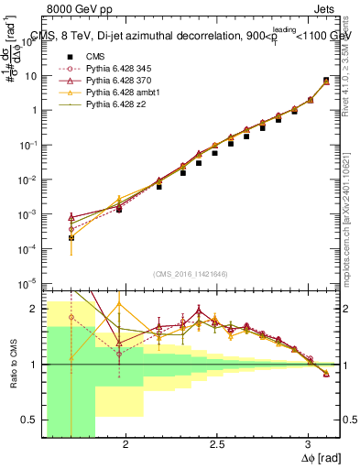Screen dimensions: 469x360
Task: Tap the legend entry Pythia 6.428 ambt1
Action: click(119, 93)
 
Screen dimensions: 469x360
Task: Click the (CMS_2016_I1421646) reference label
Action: click(189, 274)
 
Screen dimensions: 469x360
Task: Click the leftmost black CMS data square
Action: click(71, 237)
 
